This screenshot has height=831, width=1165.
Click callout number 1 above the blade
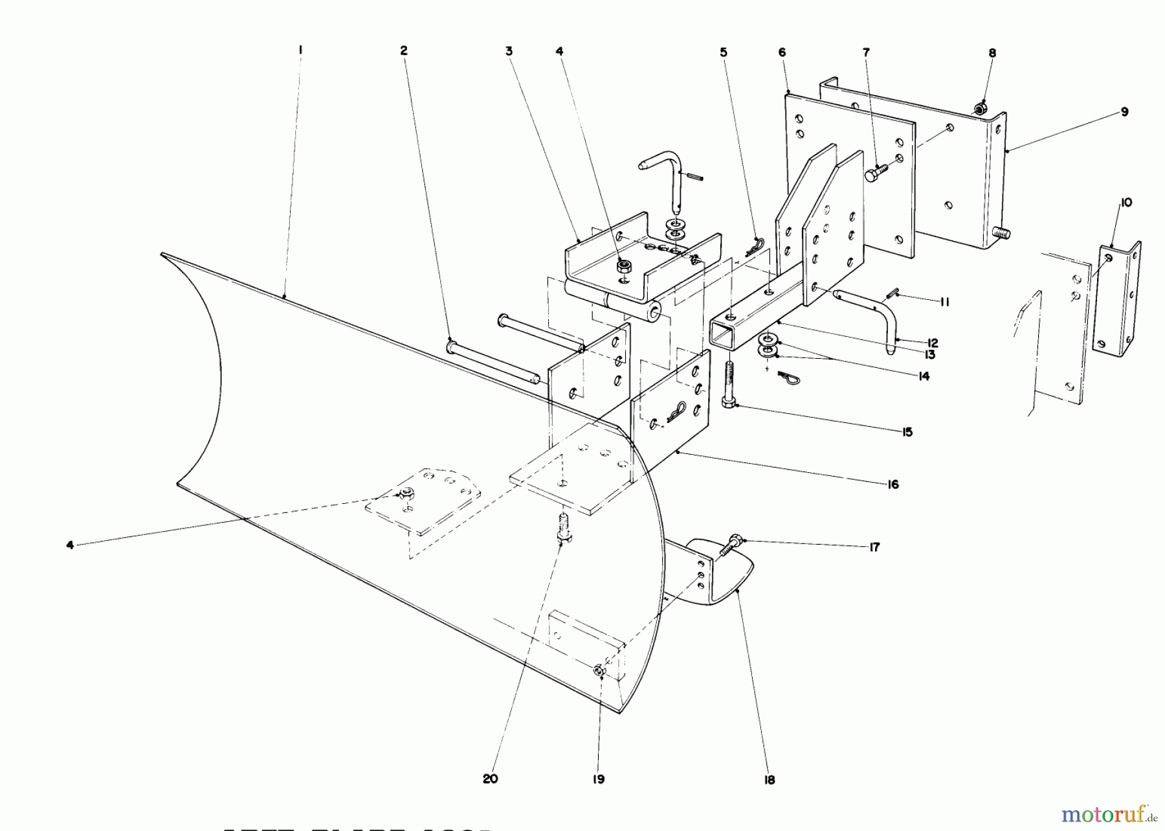coord(301,50)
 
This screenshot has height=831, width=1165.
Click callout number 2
coord(403,51)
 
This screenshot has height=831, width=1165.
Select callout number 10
coord(1126,203)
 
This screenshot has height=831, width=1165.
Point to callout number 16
coord(893,484)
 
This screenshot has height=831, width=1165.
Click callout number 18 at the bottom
coord(770,780)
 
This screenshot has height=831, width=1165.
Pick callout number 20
coord(490,779)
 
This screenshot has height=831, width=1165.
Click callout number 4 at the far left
coord(70,545)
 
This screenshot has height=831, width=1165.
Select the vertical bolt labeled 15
coord(727,385)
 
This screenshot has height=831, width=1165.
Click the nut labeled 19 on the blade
coord(599,672)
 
